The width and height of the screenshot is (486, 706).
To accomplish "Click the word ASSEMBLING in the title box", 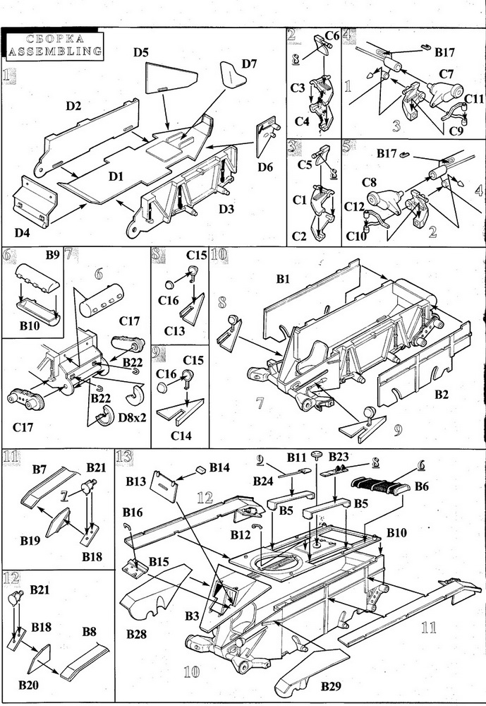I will coord(53,50).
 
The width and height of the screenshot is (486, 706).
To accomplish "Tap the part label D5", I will coord(140,52).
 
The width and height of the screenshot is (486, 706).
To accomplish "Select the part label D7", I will coord(250,64).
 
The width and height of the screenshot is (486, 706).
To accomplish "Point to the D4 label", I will coord(25,232).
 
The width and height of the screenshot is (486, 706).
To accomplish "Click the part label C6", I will coord(332,36).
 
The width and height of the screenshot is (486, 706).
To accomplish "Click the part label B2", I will coord(442,394).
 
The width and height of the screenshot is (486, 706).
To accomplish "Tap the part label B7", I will coord(40,469).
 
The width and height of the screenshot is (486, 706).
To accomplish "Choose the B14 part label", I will coord(219,467).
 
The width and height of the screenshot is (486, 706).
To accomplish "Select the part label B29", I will coord(334,686).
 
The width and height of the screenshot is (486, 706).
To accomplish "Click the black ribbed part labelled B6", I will coord(379,486).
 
